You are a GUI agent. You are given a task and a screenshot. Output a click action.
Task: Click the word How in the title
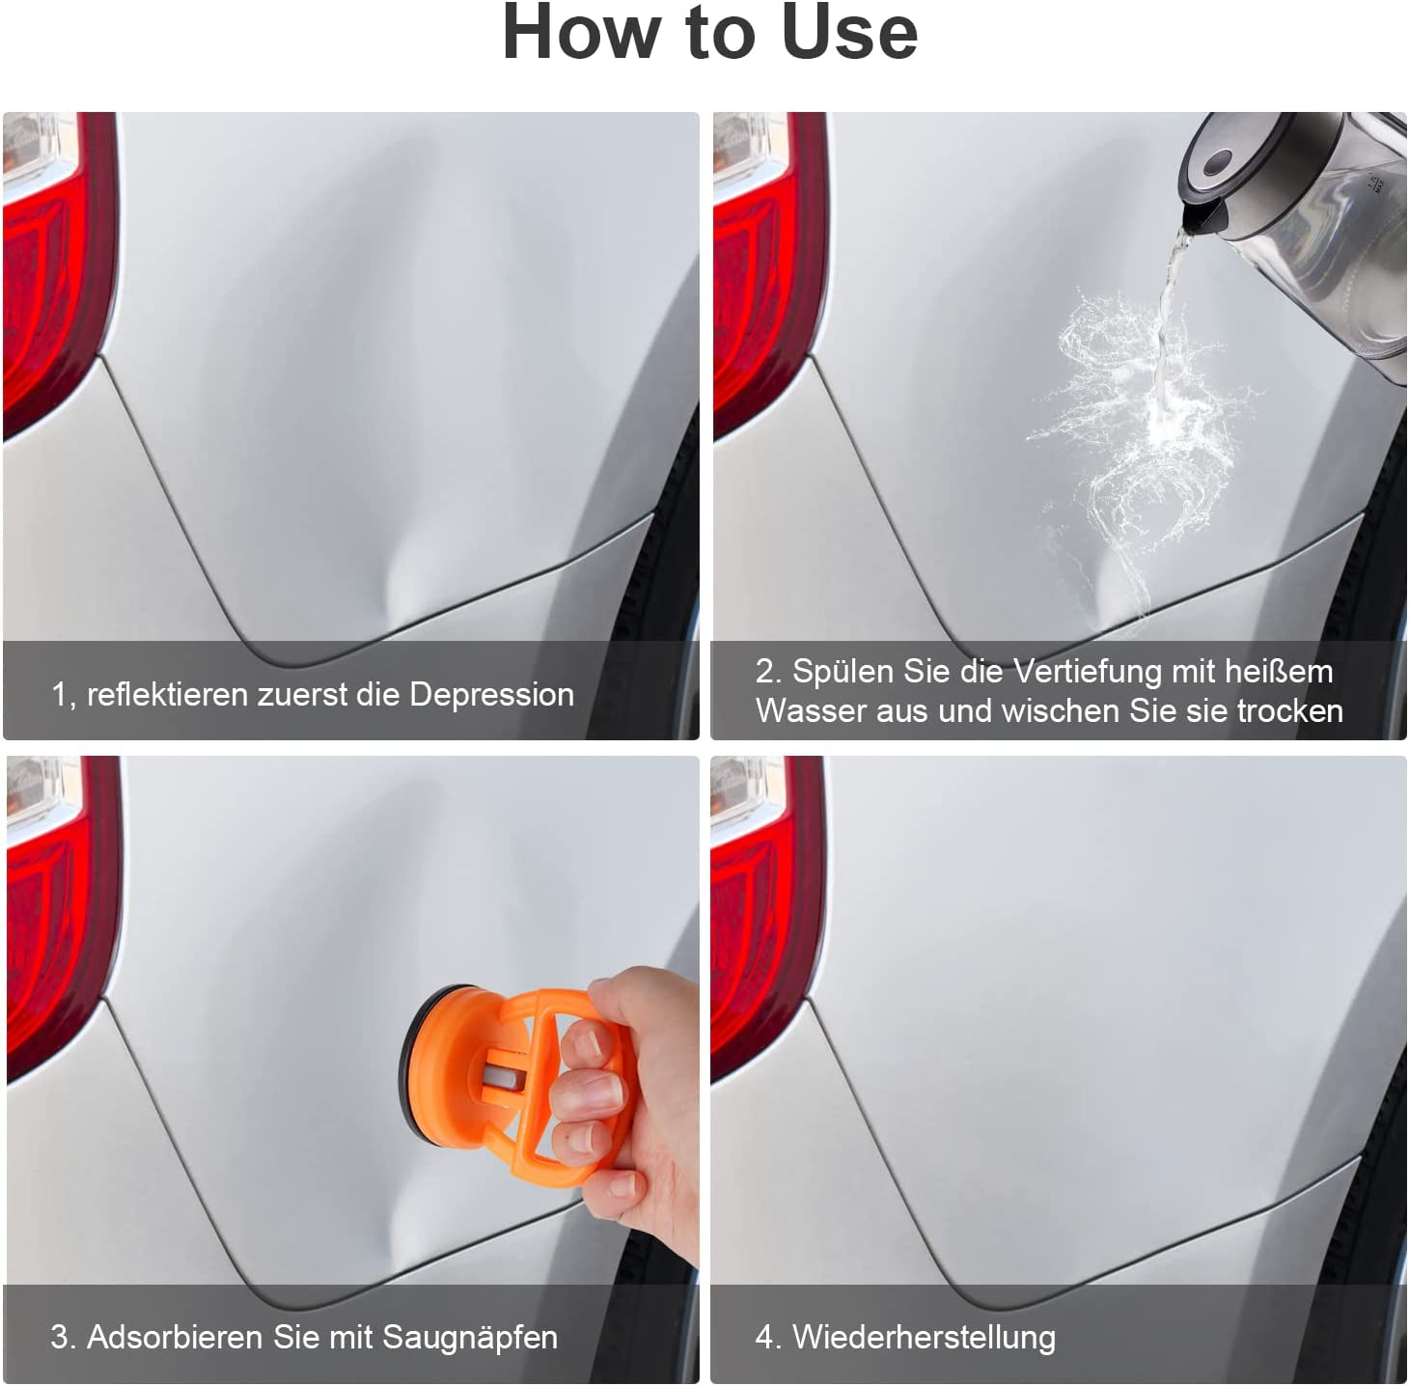[x=580, y=33]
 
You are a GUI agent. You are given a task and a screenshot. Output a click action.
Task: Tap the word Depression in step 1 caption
[x=491, y=694]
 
